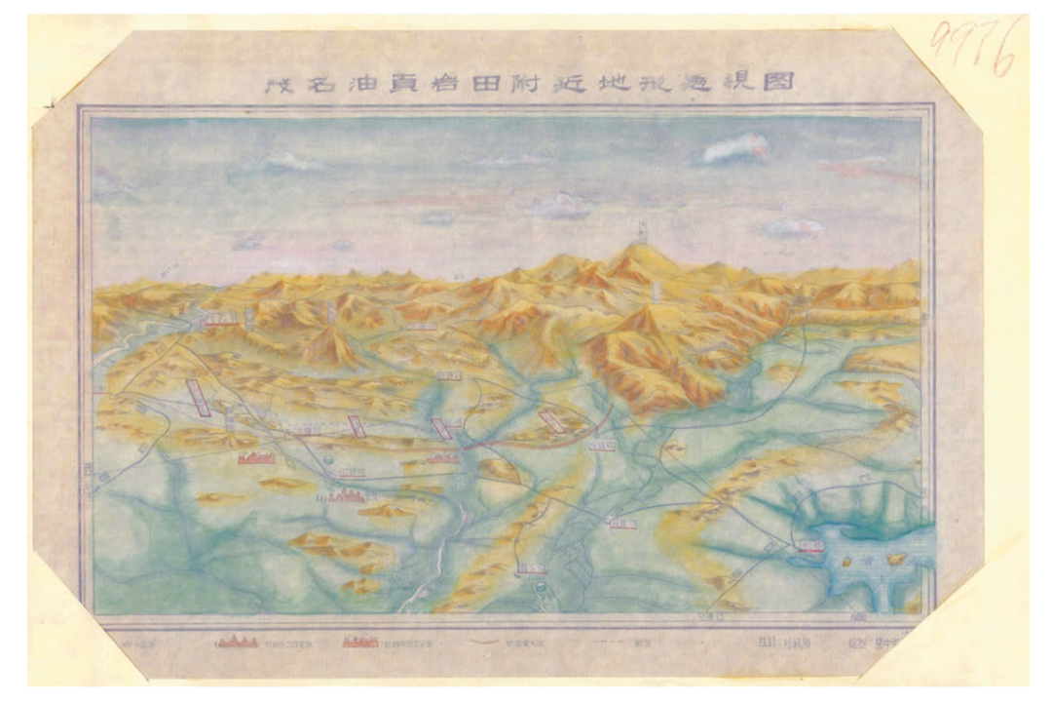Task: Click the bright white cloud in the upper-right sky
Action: pyautogui.click(x=734, y=149)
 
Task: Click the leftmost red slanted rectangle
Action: pyautogui.click(x=199, y=398)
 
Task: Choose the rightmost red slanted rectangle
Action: pyautogui.click(x=553, y=420)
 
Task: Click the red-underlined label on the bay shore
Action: pyautogui.click(x=810, y=548)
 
